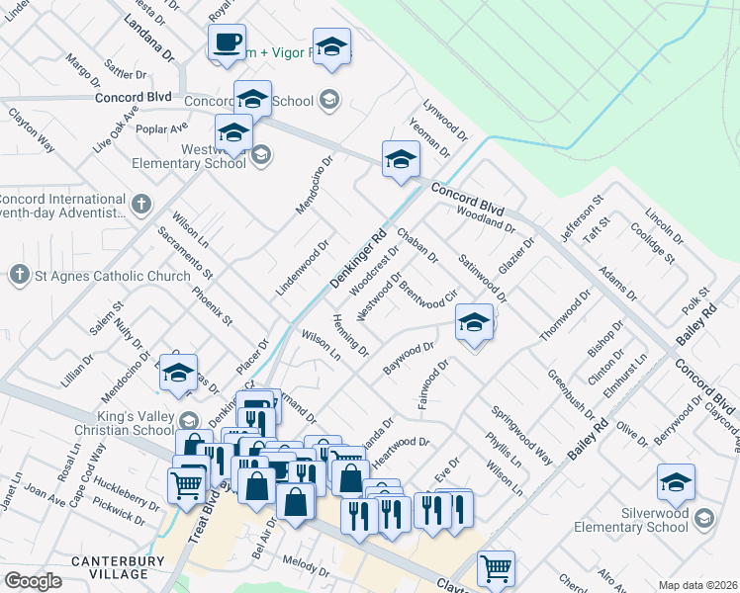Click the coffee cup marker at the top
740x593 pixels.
coord(228,42)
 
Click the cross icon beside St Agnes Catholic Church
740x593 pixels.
coord(19,274)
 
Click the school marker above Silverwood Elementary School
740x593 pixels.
coord(676,482)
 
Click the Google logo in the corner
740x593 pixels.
coord(33,580)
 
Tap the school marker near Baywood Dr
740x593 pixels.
coord(474,323)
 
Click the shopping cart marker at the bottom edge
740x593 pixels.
coord(495,568)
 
